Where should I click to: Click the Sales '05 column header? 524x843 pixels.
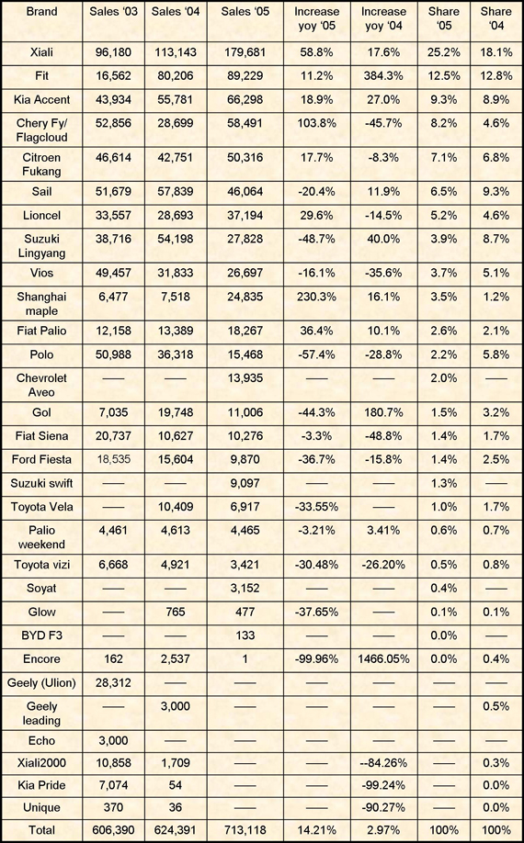coord(245,12)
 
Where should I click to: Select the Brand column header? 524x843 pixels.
coord(41,12)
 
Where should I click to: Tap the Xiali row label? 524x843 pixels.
coord(41,52)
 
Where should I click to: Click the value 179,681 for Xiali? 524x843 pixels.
coord(245,52)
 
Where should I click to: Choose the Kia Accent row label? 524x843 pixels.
coord(41,99)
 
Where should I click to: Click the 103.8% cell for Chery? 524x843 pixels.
coord(317,123)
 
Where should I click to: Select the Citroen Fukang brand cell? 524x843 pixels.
coord(41,164)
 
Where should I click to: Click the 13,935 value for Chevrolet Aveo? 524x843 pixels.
coord(245,378)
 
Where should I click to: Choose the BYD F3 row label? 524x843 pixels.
coord(41,635)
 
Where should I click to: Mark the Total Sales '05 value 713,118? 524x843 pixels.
coord(245,830)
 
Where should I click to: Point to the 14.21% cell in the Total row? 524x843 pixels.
coord(317,830)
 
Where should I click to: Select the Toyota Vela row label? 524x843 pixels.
coord(41,507)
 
